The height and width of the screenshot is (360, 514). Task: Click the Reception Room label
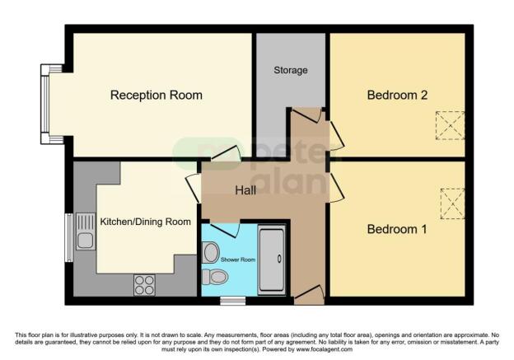157,95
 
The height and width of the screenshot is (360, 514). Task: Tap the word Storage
291,70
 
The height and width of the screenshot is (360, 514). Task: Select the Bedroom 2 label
397,95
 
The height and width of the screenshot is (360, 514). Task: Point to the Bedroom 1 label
397,228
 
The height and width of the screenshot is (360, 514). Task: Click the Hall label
245,190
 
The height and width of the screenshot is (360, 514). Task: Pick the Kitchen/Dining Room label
146,222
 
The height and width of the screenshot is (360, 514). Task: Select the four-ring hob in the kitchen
144,285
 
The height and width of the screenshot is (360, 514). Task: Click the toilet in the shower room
215,276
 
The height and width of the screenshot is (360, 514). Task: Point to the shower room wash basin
211,251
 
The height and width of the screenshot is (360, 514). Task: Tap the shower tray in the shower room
272,260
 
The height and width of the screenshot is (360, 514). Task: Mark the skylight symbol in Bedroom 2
450,125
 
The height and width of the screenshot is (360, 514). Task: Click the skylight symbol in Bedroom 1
452,203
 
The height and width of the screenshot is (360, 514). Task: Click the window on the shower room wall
232,301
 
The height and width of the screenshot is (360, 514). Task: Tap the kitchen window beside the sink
68,239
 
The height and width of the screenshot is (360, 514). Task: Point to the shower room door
224,228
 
